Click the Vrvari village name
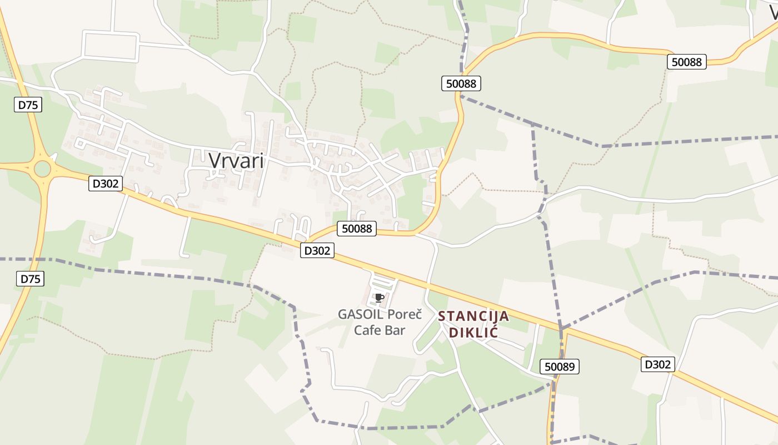[236, 160]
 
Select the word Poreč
[408, 314]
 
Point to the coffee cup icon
[380, 298]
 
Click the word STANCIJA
[473, 317]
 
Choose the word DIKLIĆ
[473, 333]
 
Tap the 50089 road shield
[560, 366]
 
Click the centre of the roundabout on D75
[42, 169]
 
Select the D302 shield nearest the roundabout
[105, 183]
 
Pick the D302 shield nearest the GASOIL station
[317, 250]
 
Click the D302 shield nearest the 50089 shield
[658, 364]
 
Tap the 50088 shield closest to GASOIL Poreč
[357, 228]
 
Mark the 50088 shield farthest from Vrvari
[686, 62]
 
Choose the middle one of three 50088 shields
[461, 83]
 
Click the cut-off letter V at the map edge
[773, 12]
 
